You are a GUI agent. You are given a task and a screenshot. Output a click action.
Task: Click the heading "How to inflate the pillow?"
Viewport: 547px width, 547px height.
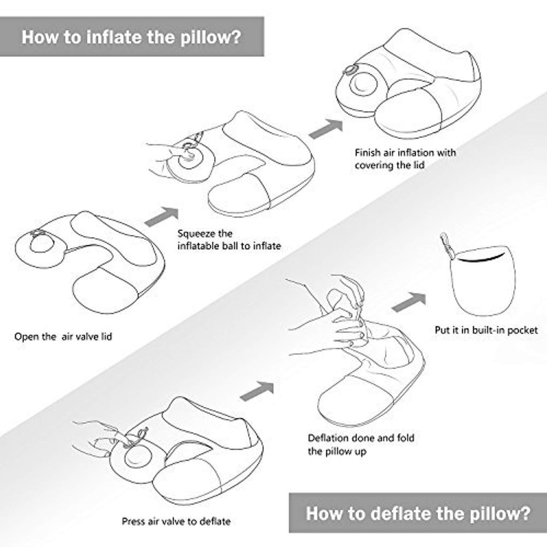point(131,37)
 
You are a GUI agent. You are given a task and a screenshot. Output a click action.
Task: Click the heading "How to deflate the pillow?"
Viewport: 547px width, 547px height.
point(418,513)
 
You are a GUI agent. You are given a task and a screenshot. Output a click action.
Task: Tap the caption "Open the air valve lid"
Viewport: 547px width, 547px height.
point(63,337)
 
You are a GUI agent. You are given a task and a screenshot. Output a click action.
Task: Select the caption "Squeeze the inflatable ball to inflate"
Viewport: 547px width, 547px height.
point(229,240)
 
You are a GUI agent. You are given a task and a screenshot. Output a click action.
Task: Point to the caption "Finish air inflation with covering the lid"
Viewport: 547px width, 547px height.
point(405,159)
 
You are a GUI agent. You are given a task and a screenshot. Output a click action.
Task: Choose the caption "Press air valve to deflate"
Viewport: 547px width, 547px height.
point(176,521)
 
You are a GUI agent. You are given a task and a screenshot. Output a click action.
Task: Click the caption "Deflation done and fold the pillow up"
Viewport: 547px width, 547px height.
point(361,444)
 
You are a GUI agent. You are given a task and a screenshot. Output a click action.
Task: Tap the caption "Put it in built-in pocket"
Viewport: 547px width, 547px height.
point(486,330)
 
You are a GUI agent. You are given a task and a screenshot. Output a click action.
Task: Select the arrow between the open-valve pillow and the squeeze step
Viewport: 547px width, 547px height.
point(161,217)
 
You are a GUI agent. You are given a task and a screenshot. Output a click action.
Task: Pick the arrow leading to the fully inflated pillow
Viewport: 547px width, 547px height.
point(326,129)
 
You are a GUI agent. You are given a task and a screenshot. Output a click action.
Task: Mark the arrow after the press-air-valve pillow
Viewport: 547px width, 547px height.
point(257,391)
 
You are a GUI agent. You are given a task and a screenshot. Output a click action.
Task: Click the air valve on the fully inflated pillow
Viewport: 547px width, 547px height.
point(349,71)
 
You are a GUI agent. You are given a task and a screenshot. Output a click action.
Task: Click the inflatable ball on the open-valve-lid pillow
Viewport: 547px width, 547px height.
point(42,243)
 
